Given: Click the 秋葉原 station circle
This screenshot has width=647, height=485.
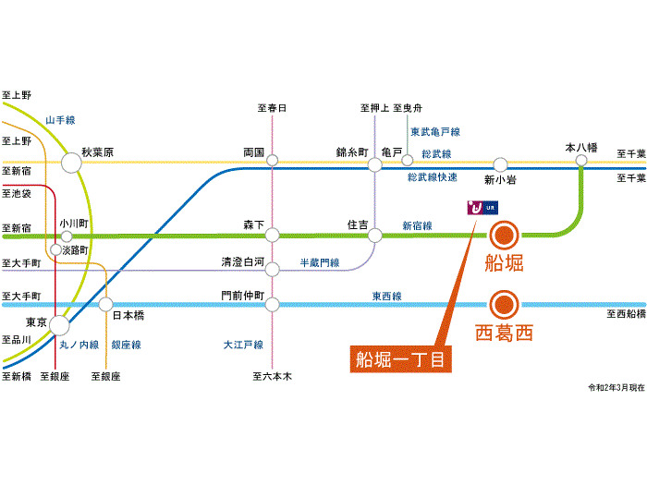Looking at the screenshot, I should click(x=71, y=164).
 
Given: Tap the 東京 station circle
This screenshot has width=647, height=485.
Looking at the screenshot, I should click(x=59, y=324).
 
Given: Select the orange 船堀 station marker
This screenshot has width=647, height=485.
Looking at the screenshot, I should click(x=503, y=233).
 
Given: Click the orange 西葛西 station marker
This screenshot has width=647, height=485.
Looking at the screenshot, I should click(x=503, y=303).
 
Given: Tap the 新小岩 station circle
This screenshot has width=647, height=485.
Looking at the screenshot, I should click(x=500, y=164).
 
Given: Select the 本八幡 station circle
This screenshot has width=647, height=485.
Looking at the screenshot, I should click(x=581, y=161).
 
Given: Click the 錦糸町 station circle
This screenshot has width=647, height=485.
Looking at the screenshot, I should click(x=374, y=164).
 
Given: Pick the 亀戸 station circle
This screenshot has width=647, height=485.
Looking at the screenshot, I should click(x=407, y=161).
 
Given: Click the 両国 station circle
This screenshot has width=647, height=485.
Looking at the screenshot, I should click(x=272, y=160).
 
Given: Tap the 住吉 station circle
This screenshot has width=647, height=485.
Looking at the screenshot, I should click(x=374, y=235).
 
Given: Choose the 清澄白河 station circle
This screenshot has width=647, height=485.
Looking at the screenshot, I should click(x=272, y=270).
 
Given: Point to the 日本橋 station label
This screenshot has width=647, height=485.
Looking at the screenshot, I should click(x=128, y=315).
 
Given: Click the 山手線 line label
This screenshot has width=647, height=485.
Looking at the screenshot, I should click(x=61, y=119).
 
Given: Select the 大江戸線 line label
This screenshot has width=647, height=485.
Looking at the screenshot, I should click(x=243, y=345).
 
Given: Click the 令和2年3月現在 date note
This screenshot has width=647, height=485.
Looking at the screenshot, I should click(x=615, y=386).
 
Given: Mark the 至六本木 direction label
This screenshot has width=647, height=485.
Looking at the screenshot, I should click(x=272, y=376).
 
